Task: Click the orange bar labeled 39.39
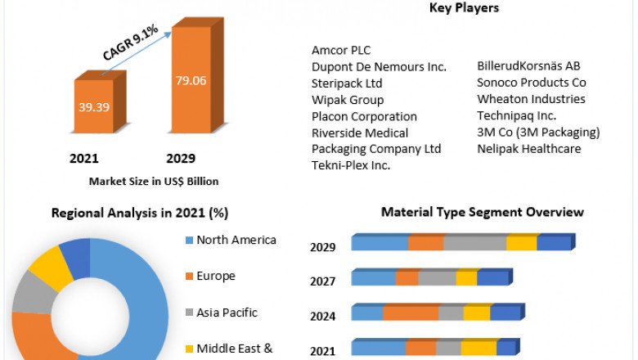point(95,106)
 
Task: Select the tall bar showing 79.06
point(191,82)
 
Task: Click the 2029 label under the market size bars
point(181,158)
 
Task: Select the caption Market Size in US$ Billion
point(154,181)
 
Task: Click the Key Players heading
point(464,8)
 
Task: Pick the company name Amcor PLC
point(341,51)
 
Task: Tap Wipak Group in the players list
point(348,100)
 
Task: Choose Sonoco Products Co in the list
point(532,83)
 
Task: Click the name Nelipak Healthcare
point(529,149)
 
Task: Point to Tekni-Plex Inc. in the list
point(351,165)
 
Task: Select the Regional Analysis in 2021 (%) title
point(140,213)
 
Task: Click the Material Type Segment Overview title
point(483,212)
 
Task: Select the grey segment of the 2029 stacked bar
point(474,243)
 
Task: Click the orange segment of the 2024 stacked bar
point(411,313)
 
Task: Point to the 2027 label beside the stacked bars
point(323,281)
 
